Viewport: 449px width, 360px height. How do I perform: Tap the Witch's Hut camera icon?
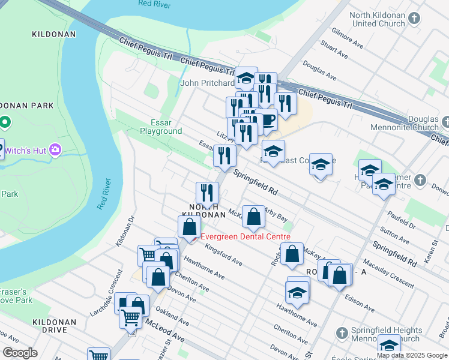tap(55, 149)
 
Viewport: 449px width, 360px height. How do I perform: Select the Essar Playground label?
tap(161, 126)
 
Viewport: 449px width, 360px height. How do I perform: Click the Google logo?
tap(20, 353)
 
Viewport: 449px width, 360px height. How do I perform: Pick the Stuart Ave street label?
tap(334, 50)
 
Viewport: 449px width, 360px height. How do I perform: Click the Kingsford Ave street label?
tap(223, 254)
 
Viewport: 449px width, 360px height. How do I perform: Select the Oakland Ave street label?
tap(172, 317)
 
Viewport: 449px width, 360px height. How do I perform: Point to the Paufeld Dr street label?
tap(402, 221)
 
